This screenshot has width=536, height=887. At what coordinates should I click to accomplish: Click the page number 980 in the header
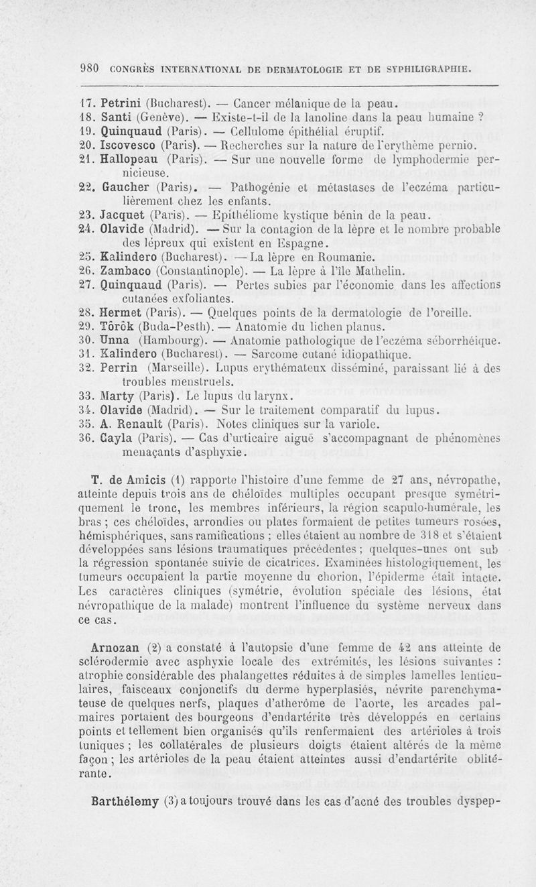pos(89,68)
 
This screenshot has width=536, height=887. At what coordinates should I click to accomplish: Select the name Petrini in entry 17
pos(119,104)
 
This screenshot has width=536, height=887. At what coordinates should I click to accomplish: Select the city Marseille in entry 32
pos(180,369)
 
